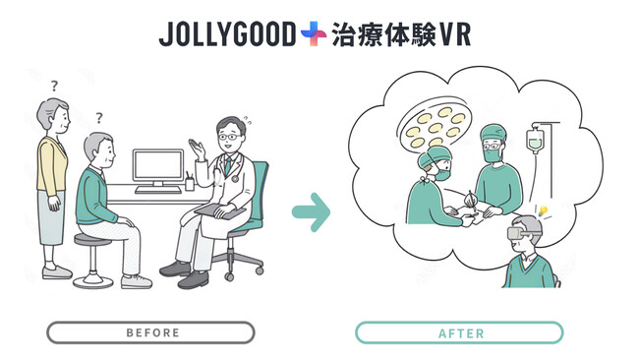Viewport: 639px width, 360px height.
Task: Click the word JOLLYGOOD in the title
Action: pos(227,34)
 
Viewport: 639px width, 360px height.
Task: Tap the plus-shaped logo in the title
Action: pos(314,34)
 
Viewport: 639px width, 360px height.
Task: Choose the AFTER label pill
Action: pos(459,332)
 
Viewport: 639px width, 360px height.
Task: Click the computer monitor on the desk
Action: pos(157,168)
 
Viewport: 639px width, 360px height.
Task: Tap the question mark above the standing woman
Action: pos(54,87)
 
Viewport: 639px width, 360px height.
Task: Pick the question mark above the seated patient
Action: pos(98,118)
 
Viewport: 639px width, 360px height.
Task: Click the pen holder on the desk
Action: pos(190,182)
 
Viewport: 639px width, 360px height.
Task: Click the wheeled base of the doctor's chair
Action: pos(245,264)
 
